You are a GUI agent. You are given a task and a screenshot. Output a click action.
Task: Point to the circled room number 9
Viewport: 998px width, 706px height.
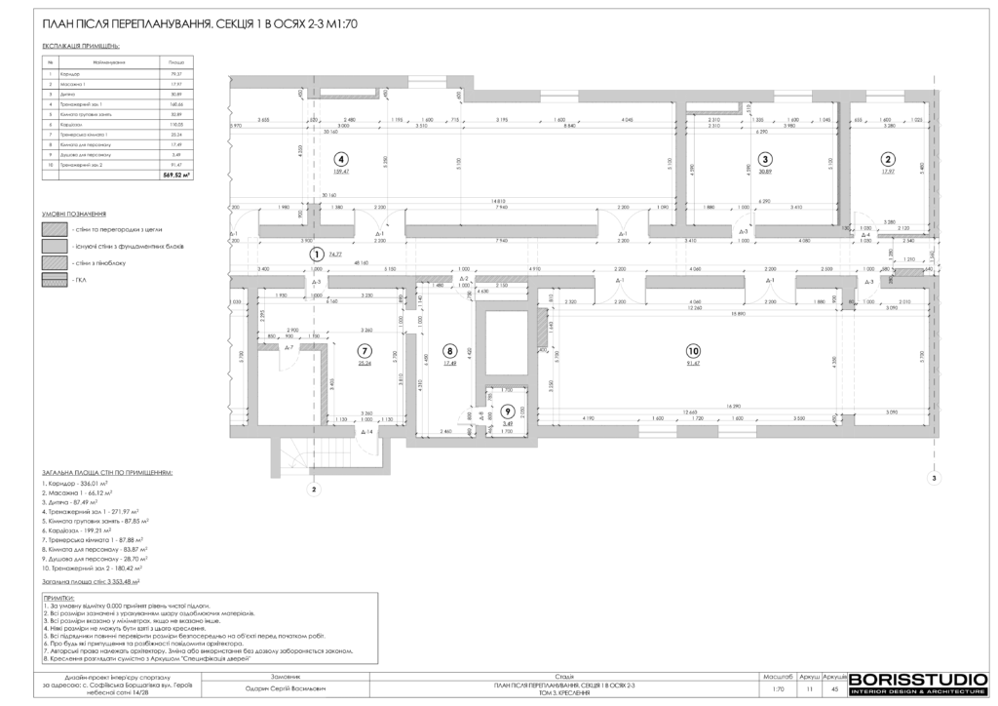[507, 411]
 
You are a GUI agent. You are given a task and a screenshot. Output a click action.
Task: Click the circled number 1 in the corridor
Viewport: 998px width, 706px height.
[316, 252]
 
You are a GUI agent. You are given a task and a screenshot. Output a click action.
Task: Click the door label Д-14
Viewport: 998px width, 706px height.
[366, 430]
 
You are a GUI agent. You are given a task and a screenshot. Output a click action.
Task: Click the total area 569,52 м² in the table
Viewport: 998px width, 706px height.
[177, 176]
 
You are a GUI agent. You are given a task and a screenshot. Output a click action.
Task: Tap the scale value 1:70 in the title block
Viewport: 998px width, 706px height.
[778, 687]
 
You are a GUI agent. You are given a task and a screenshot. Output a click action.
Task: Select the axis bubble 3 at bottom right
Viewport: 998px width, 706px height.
[933, 478]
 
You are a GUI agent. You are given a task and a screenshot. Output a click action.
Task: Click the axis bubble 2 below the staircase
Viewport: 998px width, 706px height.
[314, 490]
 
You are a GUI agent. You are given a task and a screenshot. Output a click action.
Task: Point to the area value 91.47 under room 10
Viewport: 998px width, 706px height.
[693, 364]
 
